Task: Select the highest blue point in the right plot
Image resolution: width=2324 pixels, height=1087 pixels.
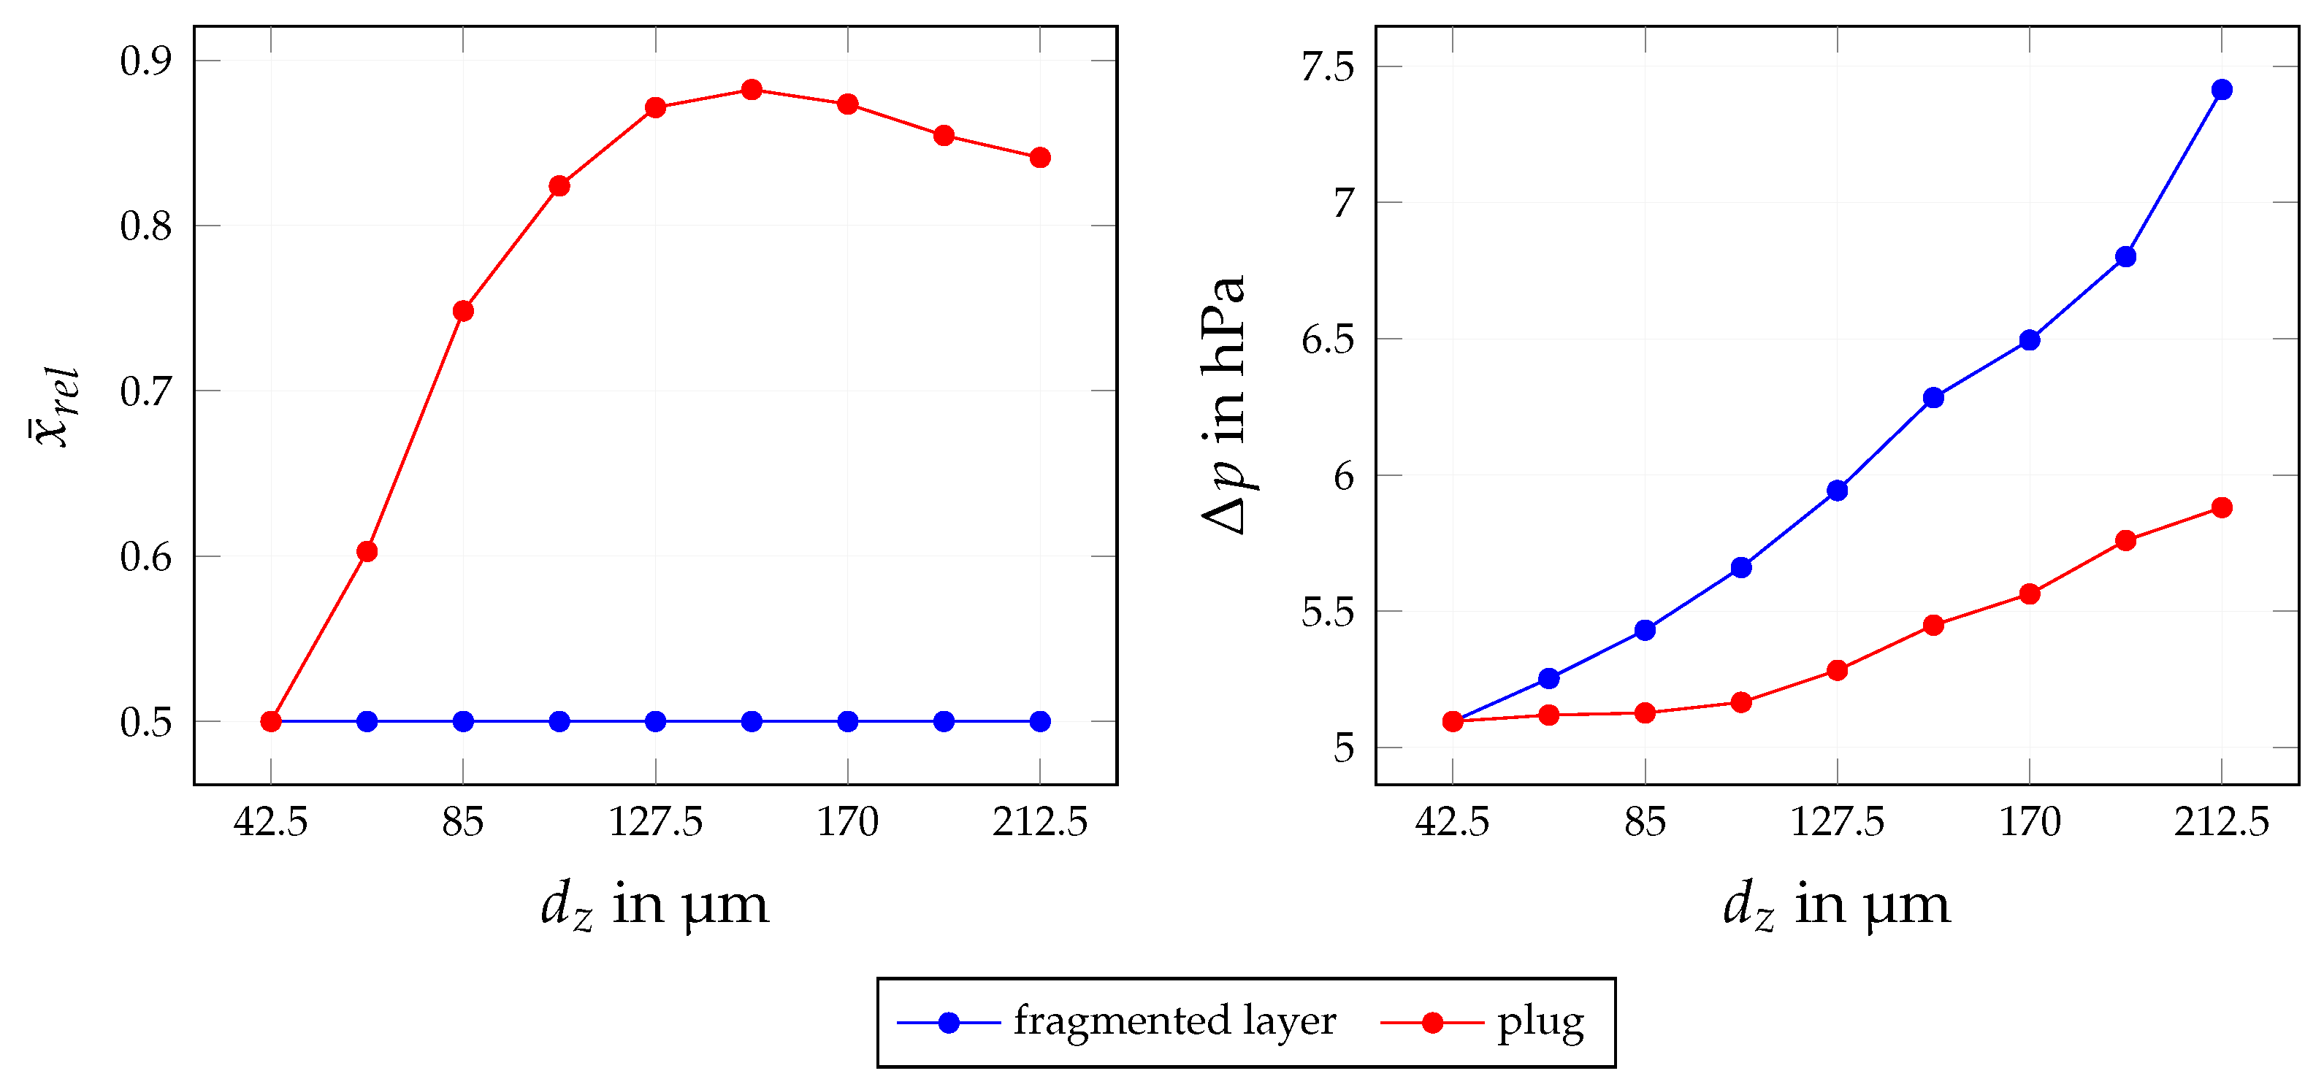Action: coord(2222,89)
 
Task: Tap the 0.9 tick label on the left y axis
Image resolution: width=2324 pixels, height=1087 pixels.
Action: coord(145,61)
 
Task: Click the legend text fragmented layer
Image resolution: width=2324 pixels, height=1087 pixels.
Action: coord(1174,1021)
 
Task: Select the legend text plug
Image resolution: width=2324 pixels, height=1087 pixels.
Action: coord(1540,1022)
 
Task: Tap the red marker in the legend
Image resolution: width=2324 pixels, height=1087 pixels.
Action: coord(1432,1022)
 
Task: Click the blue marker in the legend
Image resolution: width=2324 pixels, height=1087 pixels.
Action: coord(948,1022)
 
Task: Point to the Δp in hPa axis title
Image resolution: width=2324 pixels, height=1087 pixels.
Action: coord(1225,405)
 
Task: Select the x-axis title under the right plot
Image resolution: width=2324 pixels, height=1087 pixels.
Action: coord(1837,904)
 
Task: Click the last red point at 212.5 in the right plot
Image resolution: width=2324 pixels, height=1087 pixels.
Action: coord(2222,508)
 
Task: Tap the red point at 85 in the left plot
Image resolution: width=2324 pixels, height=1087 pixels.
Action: coord(463,311)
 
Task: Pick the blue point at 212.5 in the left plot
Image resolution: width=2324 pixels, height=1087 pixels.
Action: coord(1039,722)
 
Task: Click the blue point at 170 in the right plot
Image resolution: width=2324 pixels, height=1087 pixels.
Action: coord(2030,340)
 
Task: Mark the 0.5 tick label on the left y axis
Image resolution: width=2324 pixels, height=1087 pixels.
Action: coord(145,723)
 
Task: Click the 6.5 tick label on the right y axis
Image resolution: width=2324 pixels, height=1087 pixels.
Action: coord(1327,340)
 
